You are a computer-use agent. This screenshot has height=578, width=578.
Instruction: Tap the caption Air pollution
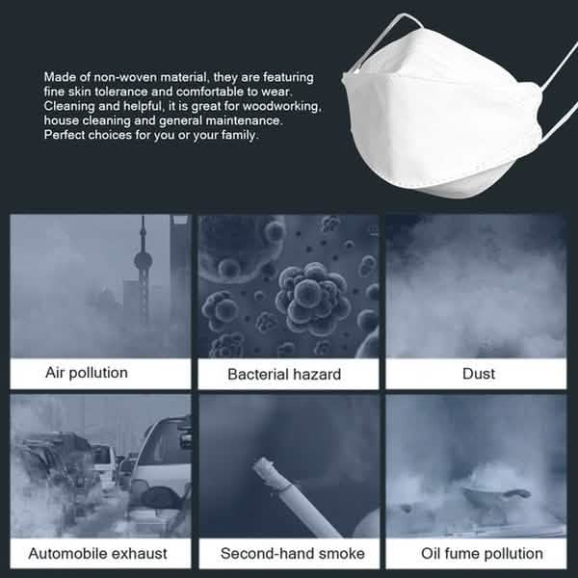point(87,372)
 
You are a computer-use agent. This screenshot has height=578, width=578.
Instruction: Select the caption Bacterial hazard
point(284,374)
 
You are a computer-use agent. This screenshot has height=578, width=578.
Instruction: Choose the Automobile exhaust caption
point(97,553)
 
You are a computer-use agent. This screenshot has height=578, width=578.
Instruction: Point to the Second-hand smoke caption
point(292,553)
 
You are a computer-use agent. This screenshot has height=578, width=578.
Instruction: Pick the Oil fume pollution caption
point(482,553)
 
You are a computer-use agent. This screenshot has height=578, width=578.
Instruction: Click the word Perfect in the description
point(65,135)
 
